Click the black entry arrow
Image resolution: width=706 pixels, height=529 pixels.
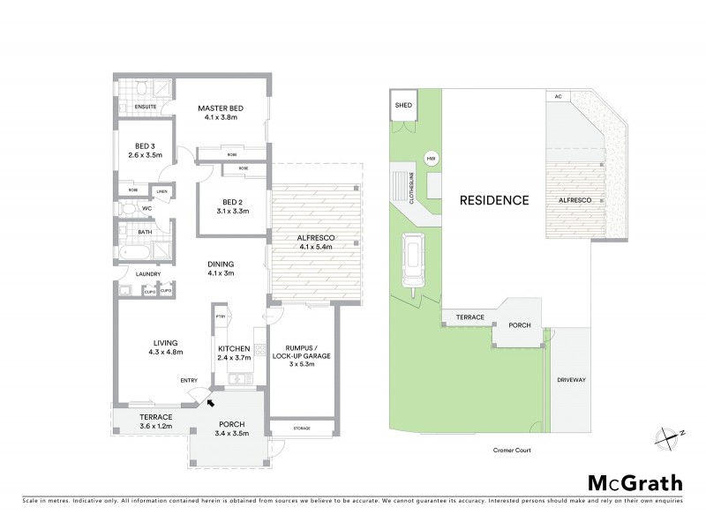tap(210, 403)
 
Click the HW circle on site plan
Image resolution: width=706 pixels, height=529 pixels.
tap(432, 159)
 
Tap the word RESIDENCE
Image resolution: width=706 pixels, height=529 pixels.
tap(493, 200)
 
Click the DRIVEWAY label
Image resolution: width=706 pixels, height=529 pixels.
tap(571, 379)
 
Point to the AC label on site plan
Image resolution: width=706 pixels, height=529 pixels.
tap(558, 97)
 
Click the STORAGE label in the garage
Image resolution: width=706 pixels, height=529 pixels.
tap(302, 428)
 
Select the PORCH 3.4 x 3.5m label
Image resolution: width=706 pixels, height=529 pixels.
tap(229, 428)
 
